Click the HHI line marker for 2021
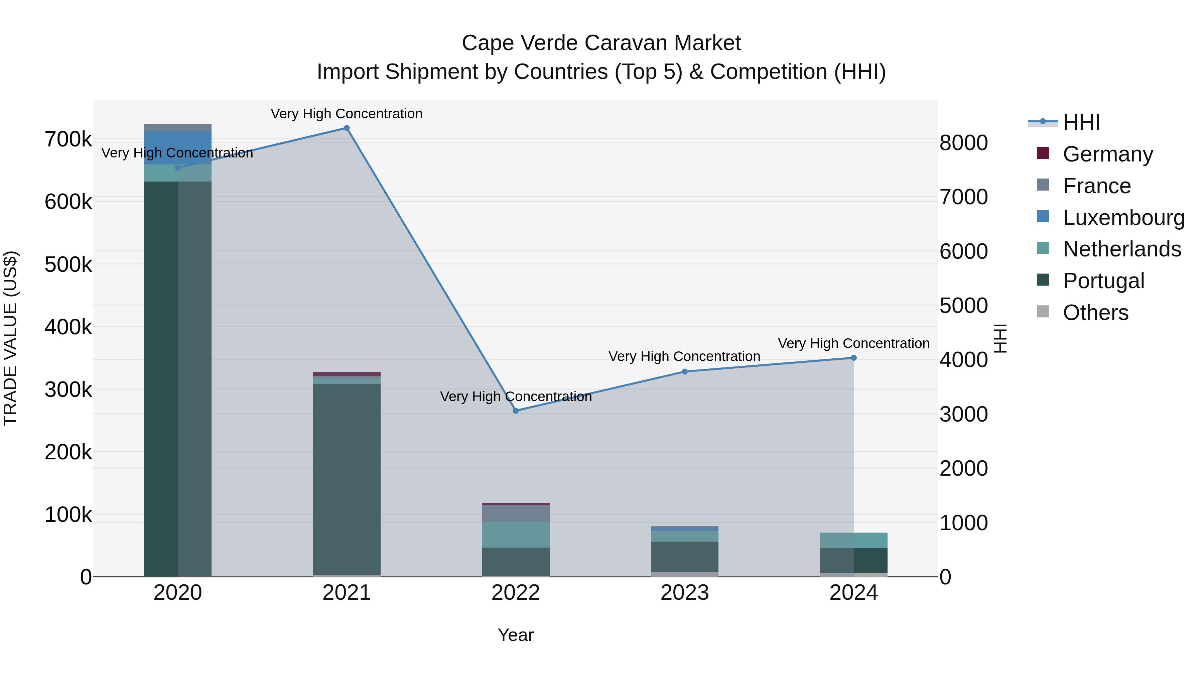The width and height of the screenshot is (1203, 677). pyautogui.click(x=347, y=128)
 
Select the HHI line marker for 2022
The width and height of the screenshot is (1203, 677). pyautogui.click(x=516, y=411)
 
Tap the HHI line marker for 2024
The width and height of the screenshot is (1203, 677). pyautogui.click(x=854, y=358)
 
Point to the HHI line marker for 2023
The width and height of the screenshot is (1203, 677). pyautogui.click(x=685, y=371)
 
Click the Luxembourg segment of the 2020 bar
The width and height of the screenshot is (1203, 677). pyautogui.click(x=177, y=148)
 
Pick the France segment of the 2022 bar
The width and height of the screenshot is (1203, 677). pyautogui.click(x=516, y=514)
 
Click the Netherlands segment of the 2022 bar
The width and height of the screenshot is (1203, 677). pyautogui.click(x=516, y=535)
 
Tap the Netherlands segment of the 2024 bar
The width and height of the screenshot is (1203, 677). pyautogui.click(x=854, y=540)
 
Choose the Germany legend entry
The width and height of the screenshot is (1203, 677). pyautogui.click(x=1108, y=154)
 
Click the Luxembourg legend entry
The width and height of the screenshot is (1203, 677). pyautogui.click(x=1123, y=218)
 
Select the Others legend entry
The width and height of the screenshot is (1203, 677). pyautogui.click(x=1095, y=313)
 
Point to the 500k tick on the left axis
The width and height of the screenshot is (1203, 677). pyautogui.click(x=68, y=265)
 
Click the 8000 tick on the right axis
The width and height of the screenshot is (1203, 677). pyautogui.click(x=963, y=143)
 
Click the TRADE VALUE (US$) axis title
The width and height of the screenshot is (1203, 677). pyautogui.click(x=10, y=338)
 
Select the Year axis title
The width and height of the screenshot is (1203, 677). pyautogui.click(x=516, y=635)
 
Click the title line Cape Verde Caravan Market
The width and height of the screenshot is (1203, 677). pyautogui.click(x=601, y=43)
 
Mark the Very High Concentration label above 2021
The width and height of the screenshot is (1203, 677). pyautogui.click(x=347, y=114)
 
